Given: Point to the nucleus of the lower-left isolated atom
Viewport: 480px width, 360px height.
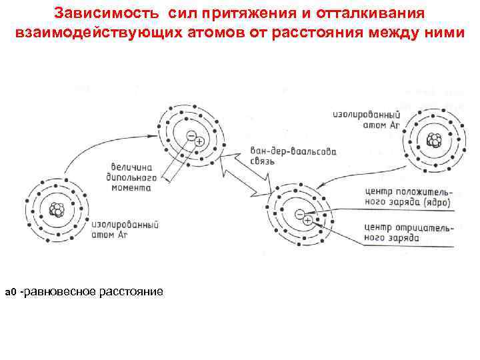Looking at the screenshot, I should click(57, 208).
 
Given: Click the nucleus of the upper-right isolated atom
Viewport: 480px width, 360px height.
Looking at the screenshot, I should click(434, 141).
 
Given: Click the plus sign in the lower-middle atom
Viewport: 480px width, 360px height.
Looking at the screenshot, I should click(308, 220).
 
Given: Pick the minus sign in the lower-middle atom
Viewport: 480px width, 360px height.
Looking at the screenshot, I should click(300, 214).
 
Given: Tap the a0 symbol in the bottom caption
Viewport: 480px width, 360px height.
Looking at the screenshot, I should click(10, 293).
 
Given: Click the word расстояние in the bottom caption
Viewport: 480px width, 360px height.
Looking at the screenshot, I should click(131, 292).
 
